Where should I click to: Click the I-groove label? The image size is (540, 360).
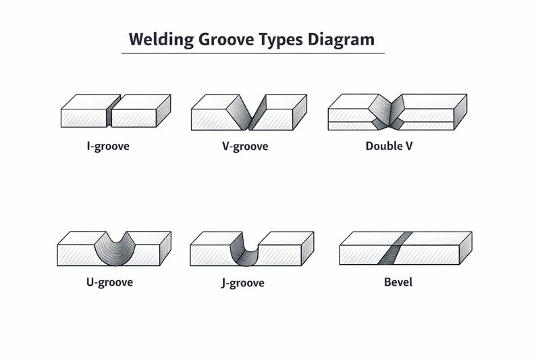108,146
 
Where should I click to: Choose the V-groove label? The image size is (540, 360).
244,146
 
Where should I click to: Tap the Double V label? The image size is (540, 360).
389,145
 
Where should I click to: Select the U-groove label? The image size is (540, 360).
110,282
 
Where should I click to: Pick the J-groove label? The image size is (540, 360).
242,282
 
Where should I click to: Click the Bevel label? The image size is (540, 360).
398,282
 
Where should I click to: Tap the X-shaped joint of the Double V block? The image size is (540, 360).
386,111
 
